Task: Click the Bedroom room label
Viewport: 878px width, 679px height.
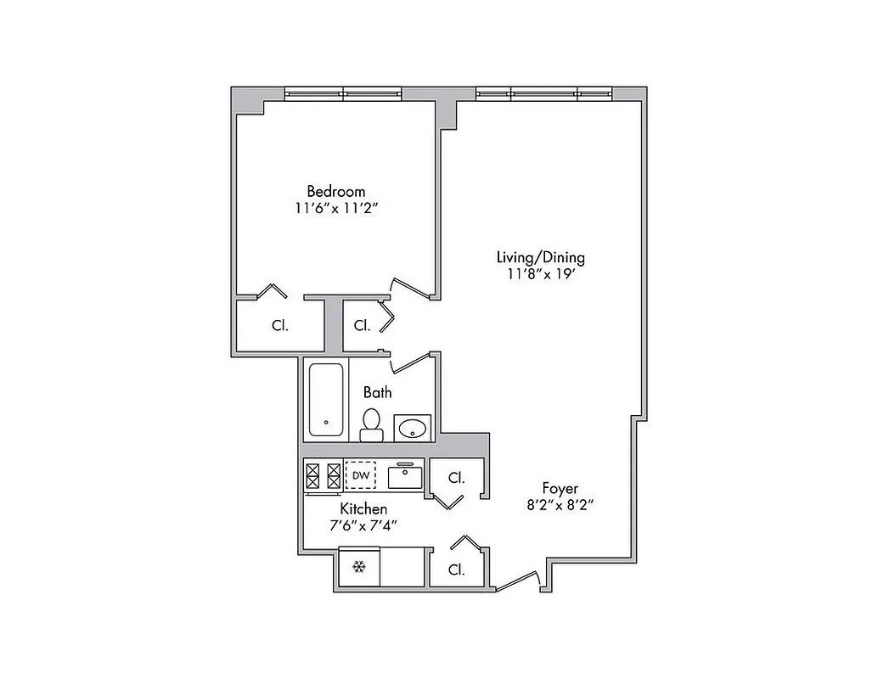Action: click(x=335, y=191)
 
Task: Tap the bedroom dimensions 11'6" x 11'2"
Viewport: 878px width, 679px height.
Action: click(x=335, y=208)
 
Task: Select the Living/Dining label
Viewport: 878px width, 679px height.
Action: click(x=540, y=257)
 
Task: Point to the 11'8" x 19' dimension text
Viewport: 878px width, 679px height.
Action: click(x=540, y=274)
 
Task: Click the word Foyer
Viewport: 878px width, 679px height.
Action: click(x=560, y=488)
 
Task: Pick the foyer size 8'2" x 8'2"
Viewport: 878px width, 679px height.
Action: click(x=560, y=505)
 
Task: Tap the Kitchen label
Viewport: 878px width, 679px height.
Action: click(x=363, y=508)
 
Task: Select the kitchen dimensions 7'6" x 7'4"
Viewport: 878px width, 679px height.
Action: click(x=363, y=525)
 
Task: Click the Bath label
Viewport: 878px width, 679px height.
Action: click(x=377, y=392)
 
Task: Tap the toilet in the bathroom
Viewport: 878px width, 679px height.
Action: click(x=372, y=424)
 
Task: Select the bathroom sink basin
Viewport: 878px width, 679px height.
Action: click(x=413, y=428)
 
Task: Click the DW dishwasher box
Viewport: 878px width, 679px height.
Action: click(x=361, y=475)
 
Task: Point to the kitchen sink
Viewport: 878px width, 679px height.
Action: click(x=406, y=475)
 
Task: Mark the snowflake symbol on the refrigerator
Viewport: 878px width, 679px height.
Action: click(x=358, y=566)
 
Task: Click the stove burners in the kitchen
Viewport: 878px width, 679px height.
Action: click(x=323, y=475)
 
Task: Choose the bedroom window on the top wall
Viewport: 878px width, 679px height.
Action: click(x=342, y=93)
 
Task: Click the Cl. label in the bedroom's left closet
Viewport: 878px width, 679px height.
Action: click(x=279, y=325)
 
